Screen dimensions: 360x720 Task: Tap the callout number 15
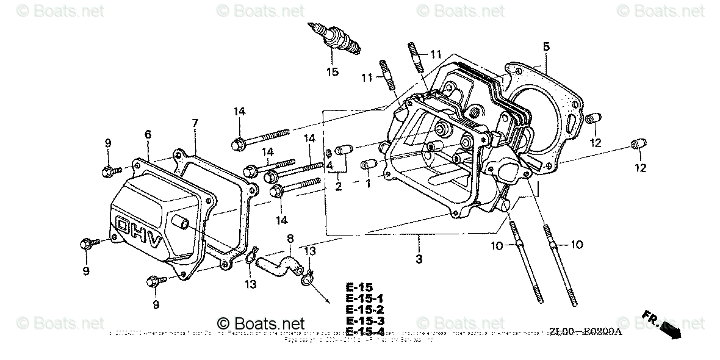[x=331, y=72]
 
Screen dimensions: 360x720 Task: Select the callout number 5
[x=546, y=46]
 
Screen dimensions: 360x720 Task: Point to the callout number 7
[x=195, y=123]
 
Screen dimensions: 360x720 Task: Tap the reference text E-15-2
[x=365, y=309]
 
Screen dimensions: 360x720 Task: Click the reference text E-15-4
[x=365, y=331]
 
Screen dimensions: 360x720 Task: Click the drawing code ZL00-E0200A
[x=585, y=331]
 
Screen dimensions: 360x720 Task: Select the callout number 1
[x=368, y=182]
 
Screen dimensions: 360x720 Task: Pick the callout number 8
[x=290, y=237]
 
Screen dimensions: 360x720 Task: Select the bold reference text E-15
[x=358, y=287]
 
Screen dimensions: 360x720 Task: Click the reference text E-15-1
[x=365, y=298]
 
